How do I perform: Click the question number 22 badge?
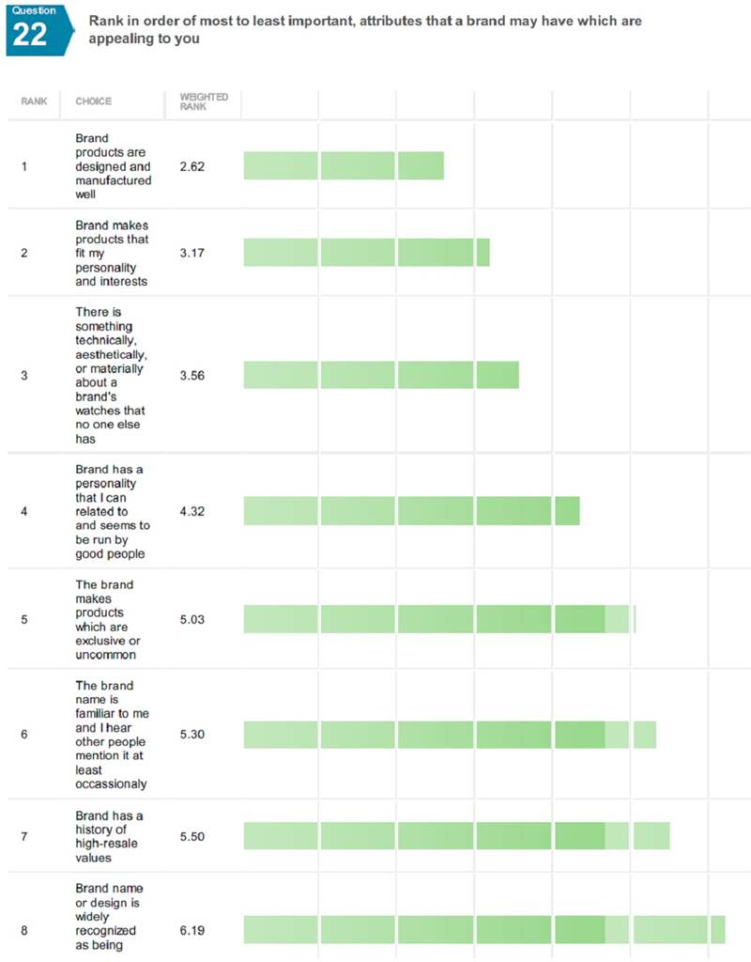[x=30, y=29]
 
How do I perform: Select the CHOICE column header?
[x=93, y=101]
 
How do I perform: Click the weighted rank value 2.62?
[x=192, y=166]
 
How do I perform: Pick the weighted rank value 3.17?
[x=192, y=253]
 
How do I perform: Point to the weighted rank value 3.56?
[x=192, y=375]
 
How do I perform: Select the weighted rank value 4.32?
[x=192, y=511]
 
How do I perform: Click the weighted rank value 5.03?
[x=192, y=619]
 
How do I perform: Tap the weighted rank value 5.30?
[x=192, y=734]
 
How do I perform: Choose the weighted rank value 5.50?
[x=192, y=836]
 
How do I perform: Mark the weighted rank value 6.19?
[x=192, y=930]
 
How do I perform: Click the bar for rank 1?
[x=344, y=165]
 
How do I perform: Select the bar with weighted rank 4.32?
[x=411, y=510]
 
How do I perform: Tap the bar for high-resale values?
[x=456, y=835]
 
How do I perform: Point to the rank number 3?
[x=23, y=375]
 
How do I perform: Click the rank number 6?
[x=23, y=734]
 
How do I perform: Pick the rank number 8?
[x=23, y=930]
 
